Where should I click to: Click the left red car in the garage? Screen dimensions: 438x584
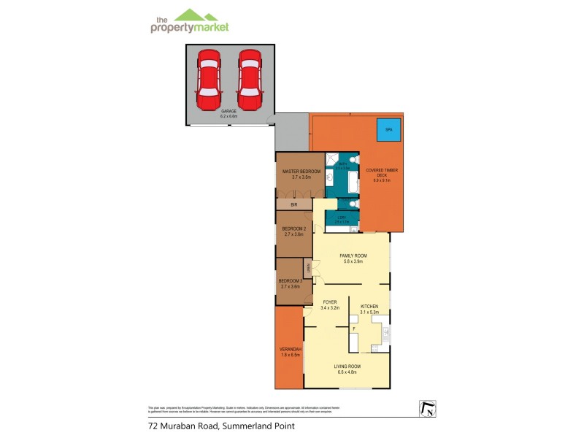point(208,77)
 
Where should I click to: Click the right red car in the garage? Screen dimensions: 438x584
point(250,77)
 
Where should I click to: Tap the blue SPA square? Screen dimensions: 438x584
point(388,130)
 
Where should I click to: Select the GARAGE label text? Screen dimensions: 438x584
point(229,112)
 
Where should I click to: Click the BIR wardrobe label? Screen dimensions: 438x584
point(294,206)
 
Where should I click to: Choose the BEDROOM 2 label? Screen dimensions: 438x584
point(294,228)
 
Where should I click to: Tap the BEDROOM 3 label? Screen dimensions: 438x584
point(291,281)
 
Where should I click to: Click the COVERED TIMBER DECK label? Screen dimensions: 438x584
point(383,172)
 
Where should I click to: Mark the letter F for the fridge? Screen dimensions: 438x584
point(354,329)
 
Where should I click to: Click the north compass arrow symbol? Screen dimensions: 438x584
point(426,410)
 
